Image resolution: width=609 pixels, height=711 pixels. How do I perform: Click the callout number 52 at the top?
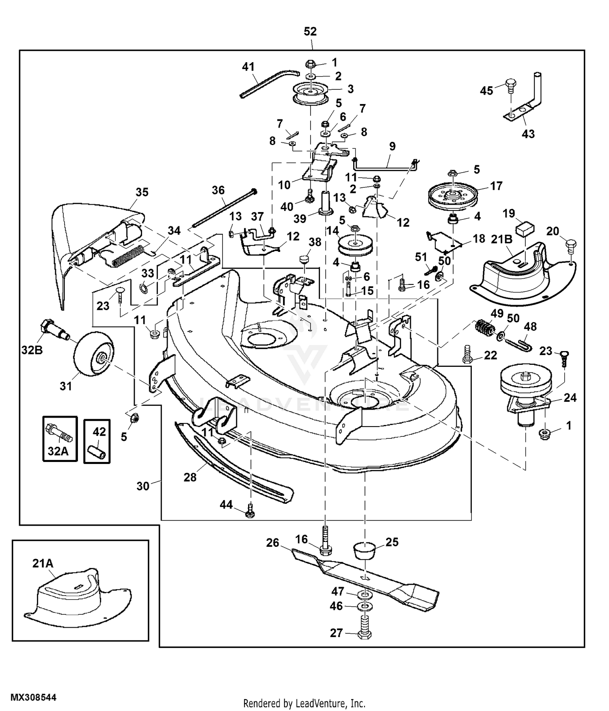(x=310, y=32)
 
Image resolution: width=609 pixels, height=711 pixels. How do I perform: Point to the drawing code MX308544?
(x=33, y=698)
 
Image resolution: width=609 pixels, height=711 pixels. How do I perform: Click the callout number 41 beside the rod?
(x=248, y=67)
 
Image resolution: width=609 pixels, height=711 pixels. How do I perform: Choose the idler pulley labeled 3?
(x=310, y=94)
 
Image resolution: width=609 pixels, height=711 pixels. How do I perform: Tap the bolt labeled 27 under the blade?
(x=365, y=631)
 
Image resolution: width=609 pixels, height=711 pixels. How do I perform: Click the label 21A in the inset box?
(x=43, y=563)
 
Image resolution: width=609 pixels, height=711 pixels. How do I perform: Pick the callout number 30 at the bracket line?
(x=143, y=486)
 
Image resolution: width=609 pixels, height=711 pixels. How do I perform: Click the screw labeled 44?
(x=251, y=510)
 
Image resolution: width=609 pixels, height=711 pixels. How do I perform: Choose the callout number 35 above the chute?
(x=142, y=192)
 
